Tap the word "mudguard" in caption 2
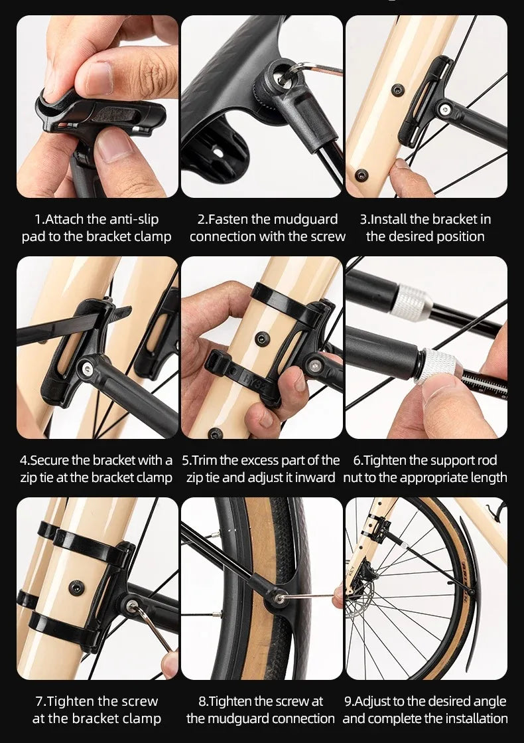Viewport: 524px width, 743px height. [x=305, y=219]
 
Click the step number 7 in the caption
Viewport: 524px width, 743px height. [x=39, y=701]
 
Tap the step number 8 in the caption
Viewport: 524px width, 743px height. [x=203, y=701]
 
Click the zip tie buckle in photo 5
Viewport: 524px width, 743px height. [x=222, y=365]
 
